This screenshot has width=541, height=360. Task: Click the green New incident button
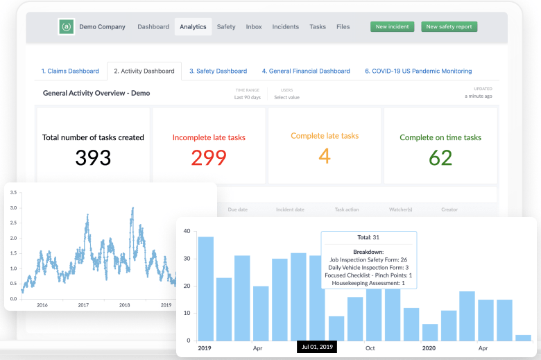point(392,27)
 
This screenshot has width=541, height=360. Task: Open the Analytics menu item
point(193,27)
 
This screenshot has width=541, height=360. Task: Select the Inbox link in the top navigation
point(254,27)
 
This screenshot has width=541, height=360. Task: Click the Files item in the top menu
point(343,27)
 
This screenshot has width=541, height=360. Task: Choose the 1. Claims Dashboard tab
point(69,71)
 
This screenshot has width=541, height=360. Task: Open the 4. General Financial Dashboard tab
point(305,71)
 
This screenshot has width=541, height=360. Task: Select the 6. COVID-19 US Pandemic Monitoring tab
point(418,71)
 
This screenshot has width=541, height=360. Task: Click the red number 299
point(209,157)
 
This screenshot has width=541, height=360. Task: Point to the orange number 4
point(325,156)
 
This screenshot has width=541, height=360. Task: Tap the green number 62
point(440,157)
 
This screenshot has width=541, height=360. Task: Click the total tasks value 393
point(93,157)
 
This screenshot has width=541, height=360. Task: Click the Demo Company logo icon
point(67,27)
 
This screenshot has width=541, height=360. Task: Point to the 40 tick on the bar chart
point(187,231)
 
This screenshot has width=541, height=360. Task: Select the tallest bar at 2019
point(205,288)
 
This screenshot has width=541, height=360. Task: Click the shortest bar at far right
point(523,337)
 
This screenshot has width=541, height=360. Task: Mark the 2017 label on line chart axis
point(83,305)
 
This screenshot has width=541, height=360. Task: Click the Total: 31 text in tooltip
point(368,238)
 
